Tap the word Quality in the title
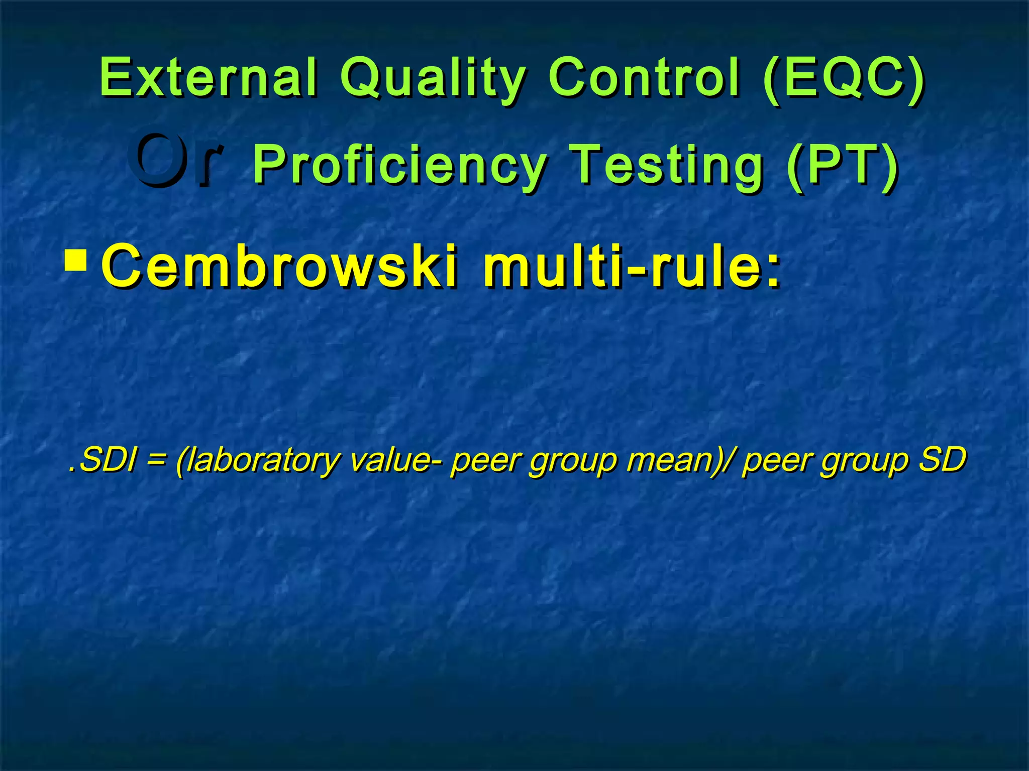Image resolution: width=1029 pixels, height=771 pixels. click(433, 79)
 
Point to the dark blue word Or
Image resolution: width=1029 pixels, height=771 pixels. click(173, 162)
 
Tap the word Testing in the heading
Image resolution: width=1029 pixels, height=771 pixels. click(668, 165)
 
